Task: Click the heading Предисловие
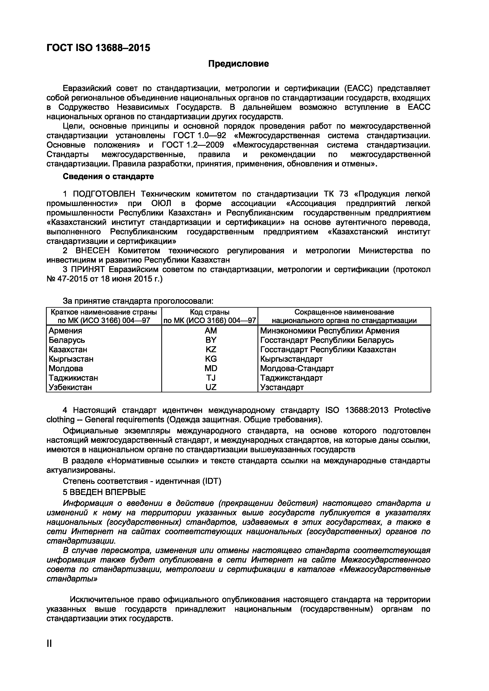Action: tap(238, 64)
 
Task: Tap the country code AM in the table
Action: tap(211, 331)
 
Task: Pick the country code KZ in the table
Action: tap(211, 349)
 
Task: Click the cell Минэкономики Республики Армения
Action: tap(330, 331)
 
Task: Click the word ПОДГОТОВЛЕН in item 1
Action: tap(104, 194)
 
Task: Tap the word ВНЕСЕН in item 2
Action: tap(93, 251)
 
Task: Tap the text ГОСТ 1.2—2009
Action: tap(193, 145)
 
